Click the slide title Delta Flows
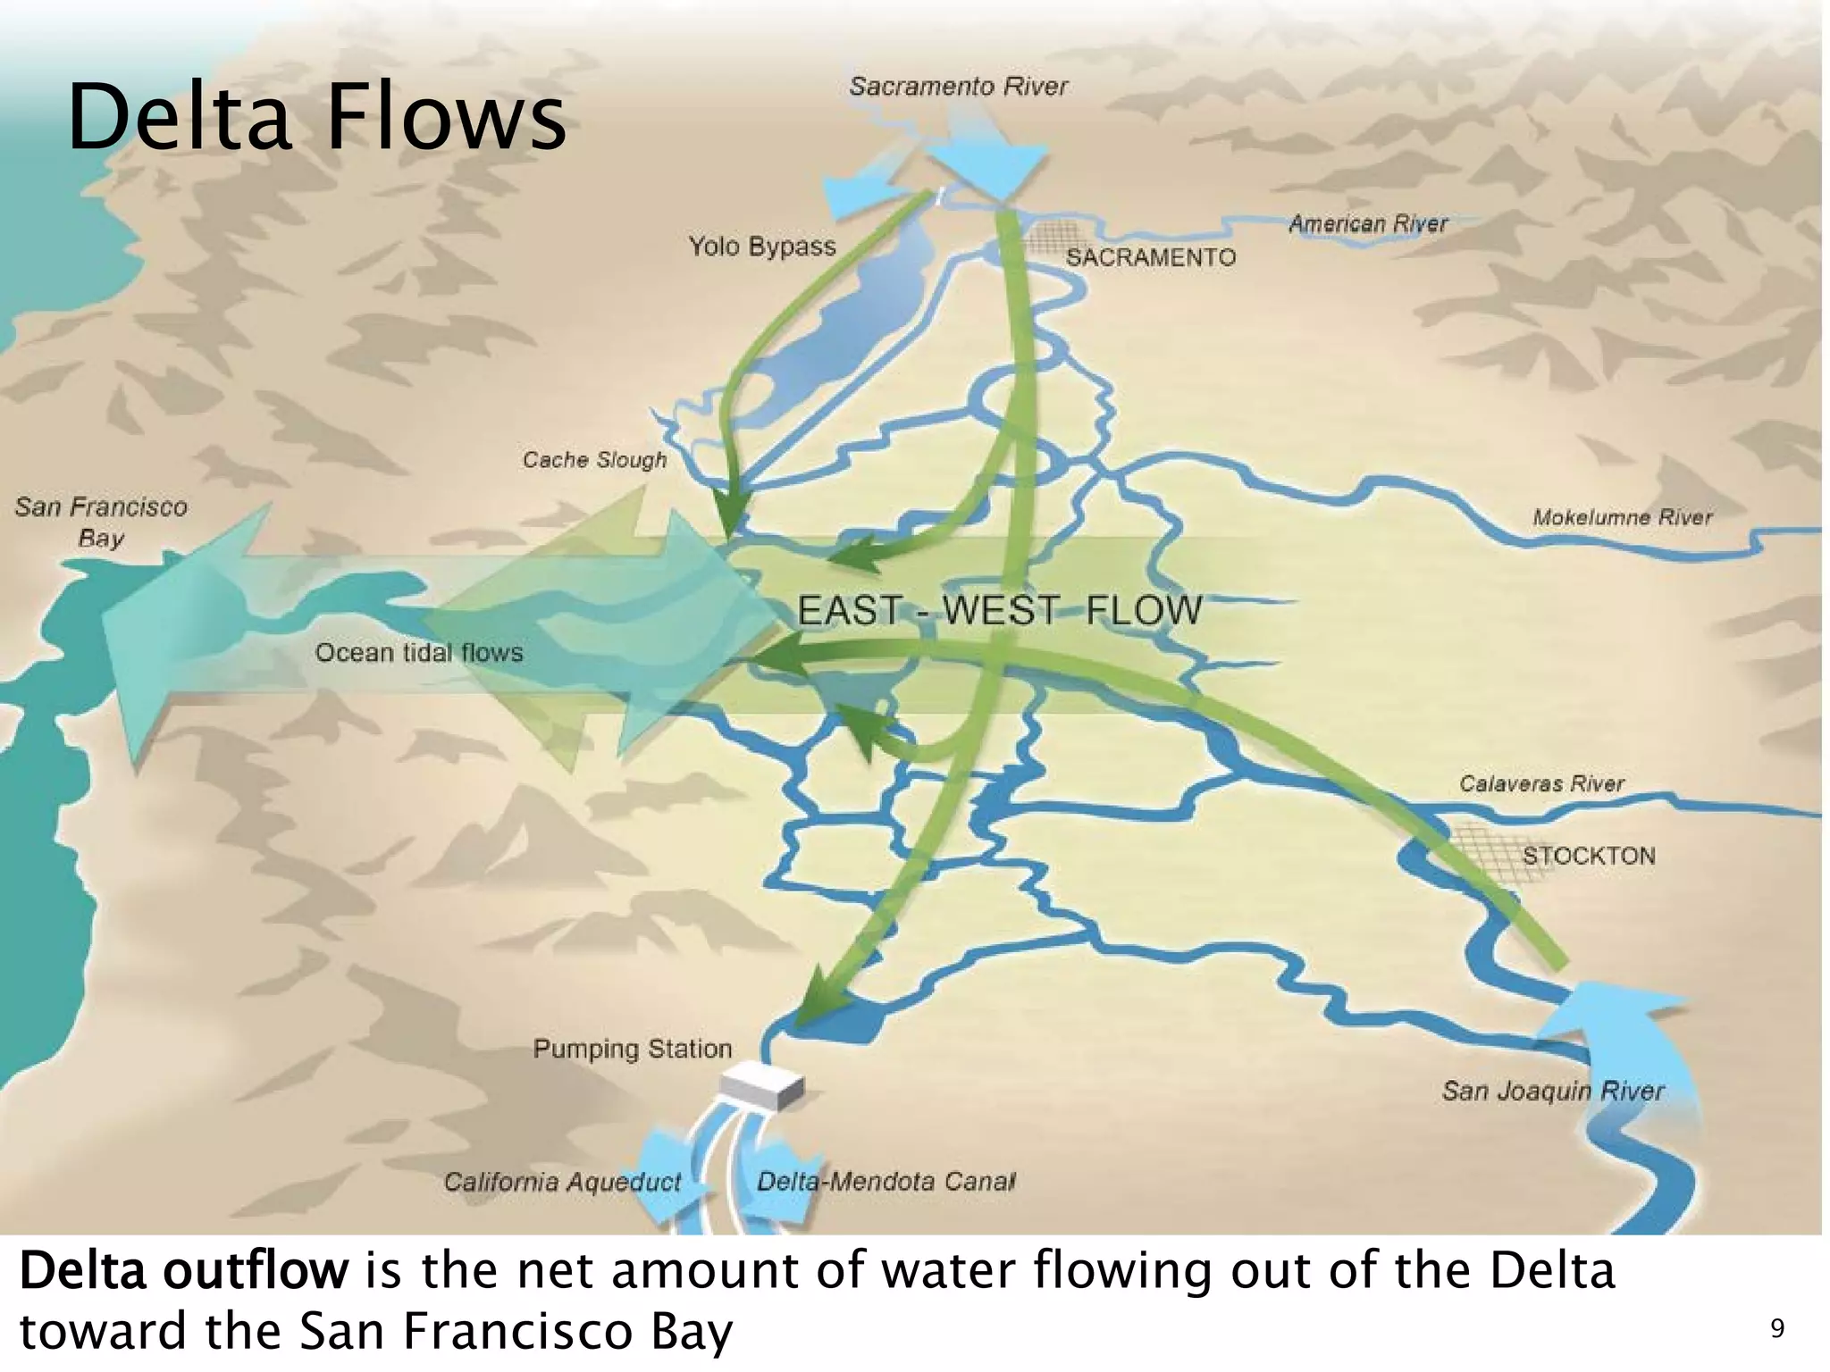tap(316, 117)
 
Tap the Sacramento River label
tap(958, 87)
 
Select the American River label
tap(1367, 223)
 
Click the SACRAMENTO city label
tap(1150, 257)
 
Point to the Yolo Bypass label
tap(761, 247)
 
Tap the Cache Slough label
tap(594, 460)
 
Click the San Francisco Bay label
tap(101, 523)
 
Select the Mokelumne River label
tap(1622, 517)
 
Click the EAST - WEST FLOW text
tap(999, 611)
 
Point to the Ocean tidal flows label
tap(419, 653)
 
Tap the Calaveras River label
tap(1541, 784)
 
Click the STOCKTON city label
tap(1589, 856)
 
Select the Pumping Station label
tap(633, 1049)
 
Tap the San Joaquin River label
tap(1553, 1091)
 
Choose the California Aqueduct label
tap(562, 1183)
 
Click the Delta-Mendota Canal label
tap(886, 1182)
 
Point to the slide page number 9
tap(1777, 1329)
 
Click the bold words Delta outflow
tap(183, 1271)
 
